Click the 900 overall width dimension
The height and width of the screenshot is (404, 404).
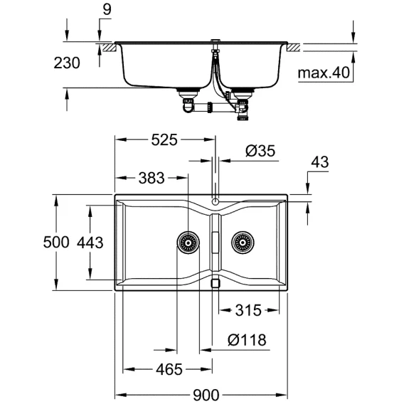pos(206,395)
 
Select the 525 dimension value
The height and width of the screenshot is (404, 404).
pos(164,140)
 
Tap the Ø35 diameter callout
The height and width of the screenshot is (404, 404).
pos(260,151)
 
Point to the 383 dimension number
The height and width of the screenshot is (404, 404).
pos(151,178)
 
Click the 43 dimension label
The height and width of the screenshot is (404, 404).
pos(320,162)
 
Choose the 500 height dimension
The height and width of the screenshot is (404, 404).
pos(56,243)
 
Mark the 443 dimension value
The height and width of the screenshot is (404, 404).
pos(90,243)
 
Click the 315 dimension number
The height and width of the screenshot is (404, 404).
pos(248,310)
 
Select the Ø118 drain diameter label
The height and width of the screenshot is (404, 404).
pos(247,340)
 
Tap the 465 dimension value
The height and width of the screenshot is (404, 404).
pos(169,369)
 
